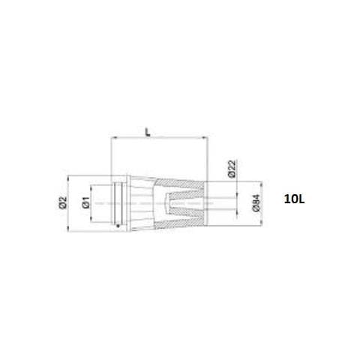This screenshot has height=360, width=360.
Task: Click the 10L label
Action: click(294, 199)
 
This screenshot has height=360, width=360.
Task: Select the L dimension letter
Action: click(148, 132)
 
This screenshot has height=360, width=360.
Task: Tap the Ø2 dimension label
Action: click(63, 202)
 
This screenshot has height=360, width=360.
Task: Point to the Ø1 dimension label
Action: click(86, 202)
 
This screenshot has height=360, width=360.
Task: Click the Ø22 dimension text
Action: click(232, 169)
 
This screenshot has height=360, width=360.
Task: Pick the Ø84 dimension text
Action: click(256, 203)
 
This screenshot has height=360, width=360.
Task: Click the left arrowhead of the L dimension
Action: click(112, 137)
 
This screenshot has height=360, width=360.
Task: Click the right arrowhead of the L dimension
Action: click(205, 137)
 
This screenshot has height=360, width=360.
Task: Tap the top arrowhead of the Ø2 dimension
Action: click(68, 178)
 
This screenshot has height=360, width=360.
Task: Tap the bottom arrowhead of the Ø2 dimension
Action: click(68, 229)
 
